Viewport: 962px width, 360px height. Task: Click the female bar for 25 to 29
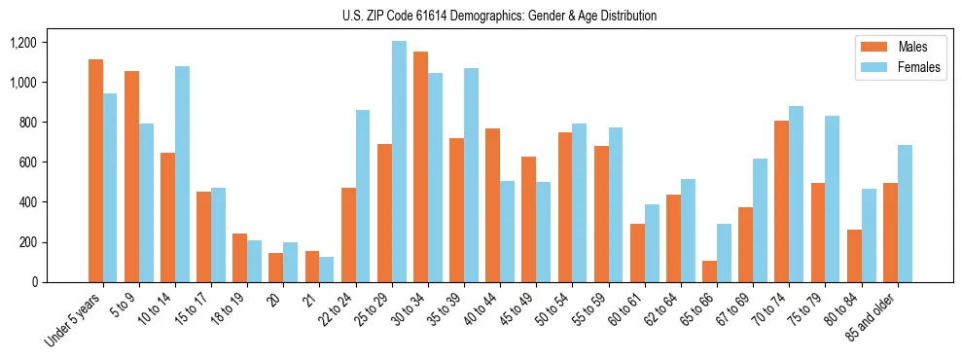click(x=399, y=162)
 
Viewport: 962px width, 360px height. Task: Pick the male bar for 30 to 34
click(x=420, y=166)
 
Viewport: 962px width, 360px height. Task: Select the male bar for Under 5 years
click(x=95, y=170)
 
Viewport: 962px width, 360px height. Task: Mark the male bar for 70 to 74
click(x=781, y=201)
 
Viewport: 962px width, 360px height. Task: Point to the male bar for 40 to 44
click(x=492, y=205)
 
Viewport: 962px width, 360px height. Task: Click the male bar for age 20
click(x=276, y=268)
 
